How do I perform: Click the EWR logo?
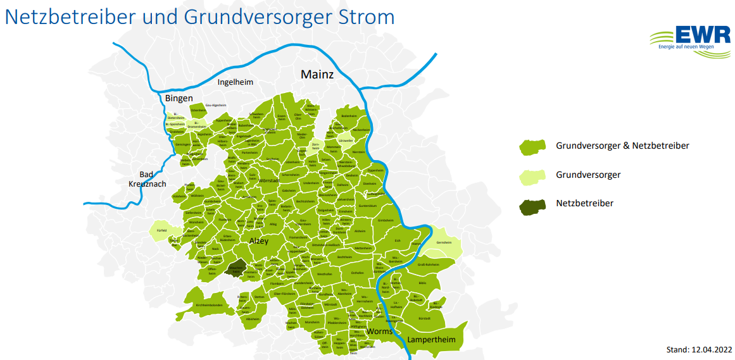coord(690,42)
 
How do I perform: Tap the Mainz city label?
coord(317,75)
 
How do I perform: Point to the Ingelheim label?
coord(235,82)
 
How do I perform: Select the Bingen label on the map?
coord(179,98)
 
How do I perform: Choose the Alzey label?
coord(259,241)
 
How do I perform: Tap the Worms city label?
coord(379,332)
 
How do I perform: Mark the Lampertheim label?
coord(431,340)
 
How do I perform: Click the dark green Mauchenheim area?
coord(237,268)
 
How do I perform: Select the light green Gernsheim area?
coord(446,243)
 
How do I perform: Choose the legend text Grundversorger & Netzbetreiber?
coord(622,146)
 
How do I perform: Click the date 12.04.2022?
coord(710,349)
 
